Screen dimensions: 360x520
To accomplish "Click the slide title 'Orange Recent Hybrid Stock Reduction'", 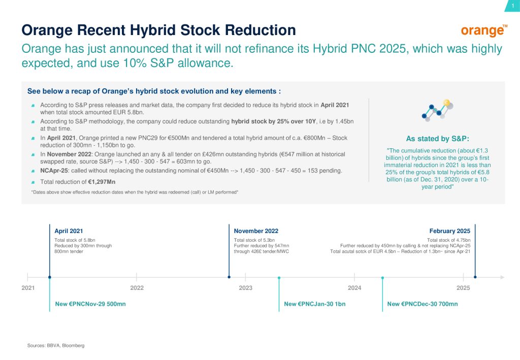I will click(x=158, y=30).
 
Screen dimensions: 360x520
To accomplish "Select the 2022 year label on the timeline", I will click(x=137, y=288).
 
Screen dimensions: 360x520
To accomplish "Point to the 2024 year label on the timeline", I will click(x=354, y=288).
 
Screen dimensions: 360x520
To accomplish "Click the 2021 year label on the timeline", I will click(x=28, y=288).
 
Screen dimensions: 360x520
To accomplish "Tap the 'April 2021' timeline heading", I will click(x=69, y=231).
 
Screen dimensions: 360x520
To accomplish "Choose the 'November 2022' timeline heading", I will click(x=256, y=231).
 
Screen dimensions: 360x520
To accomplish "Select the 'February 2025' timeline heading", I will click(x=449, y=231).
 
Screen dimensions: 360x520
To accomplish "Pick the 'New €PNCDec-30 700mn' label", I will click(x=422, y=304).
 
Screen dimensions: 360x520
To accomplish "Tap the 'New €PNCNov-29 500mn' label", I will click(x=90, y=304).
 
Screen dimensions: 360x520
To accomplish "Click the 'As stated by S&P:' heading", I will click(x=438, y=139).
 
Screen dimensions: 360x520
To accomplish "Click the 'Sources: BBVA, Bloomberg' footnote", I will click(x=56, y=345).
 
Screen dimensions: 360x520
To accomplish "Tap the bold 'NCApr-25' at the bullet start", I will click(x=53, y=170).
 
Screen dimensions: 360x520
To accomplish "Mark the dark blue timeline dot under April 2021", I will click(x=50, y=277).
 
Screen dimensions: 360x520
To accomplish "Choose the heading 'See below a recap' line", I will click(x=154, y=91).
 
